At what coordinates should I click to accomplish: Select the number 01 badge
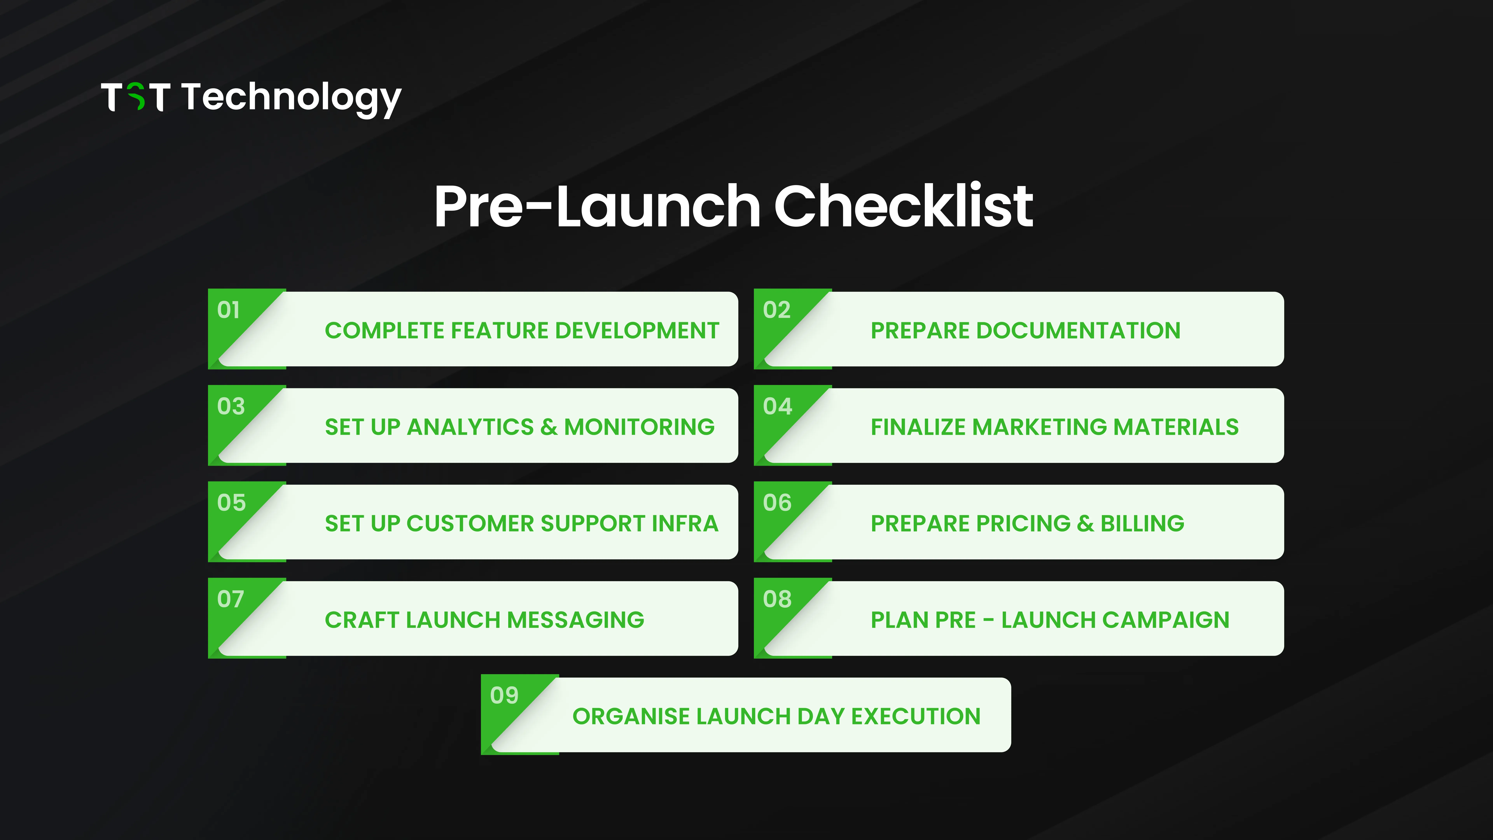(228, 310)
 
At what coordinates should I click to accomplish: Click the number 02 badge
(777, 310)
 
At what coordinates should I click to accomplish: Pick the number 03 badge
(231, 406)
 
